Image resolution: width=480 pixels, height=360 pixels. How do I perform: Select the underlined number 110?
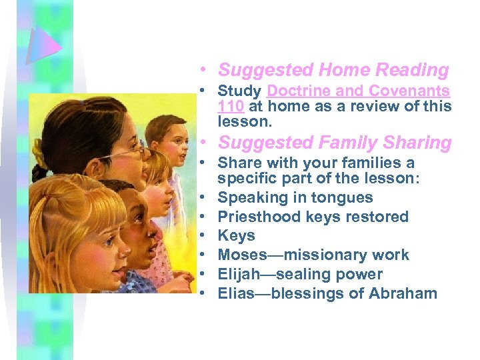231,106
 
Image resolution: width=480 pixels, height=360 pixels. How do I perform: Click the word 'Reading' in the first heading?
412,70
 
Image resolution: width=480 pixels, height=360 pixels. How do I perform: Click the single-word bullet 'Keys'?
236,236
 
